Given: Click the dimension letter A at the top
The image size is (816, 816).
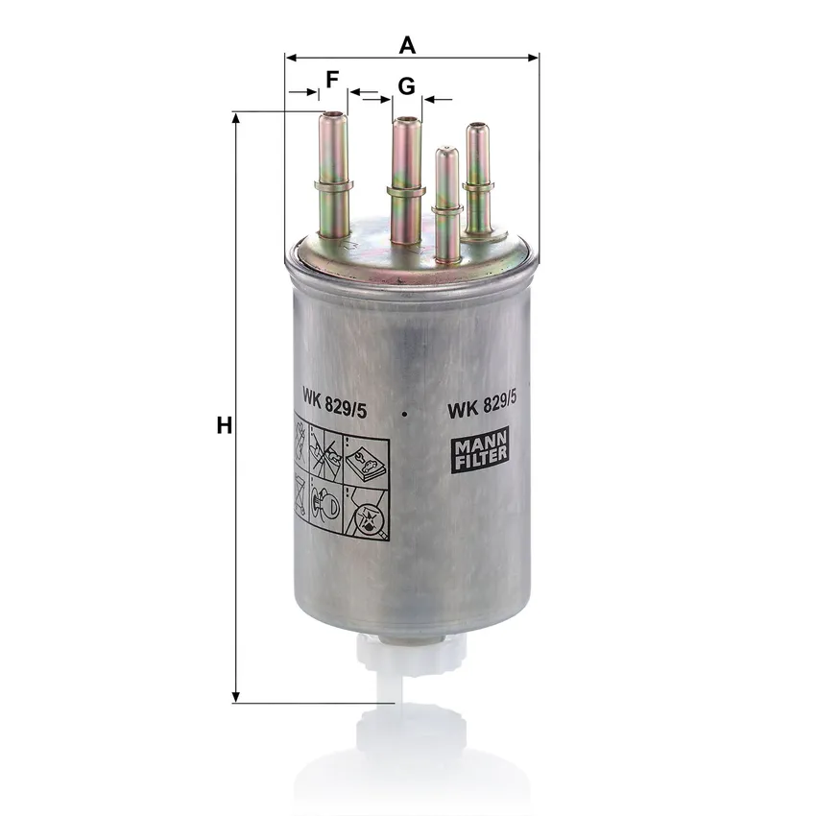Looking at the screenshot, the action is (407, 45).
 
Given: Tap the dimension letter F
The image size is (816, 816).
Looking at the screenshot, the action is (332, 80).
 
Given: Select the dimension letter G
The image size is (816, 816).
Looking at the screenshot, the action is (406, 85).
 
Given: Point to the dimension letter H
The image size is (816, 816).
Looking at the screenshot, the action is (225, 425).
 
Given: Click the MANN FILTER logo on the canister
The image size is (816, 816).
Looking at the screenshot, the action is (479, 450).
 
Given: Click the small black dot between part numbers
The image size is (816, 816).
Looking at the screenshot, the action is (404, 415).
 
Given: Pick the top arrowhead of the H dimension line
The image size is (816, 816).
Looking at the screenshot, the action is (236, 118).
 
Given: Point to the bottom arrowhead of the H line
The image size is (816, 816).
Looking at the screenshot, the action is (236, 697).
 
